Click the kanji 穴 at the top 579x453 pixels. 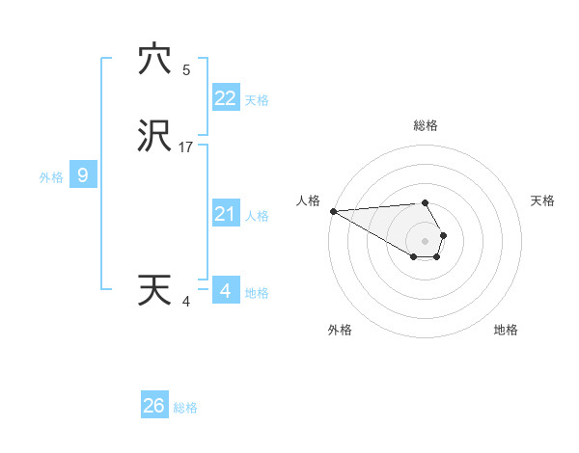coord(154,61)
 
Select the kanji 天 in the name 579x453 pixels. coord(154,290)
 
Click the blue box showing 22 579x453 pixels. coord(225,98)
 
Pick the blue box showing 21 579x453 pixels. coord(225,214)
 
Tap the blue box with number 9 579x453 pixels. coord(83,175)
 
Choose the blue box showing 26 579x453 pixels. coord(154,406)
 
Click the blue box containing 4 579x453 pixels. coord(225,290)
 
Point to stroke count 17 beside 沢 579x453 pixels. coord(186,147)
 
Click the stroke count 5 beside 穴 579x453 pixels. coord(186,70)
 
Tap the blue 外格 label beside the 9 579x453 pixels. coord(51,177)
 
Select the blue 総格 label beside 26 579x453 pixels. coord(185,408)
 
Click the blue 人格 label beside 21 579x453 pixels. coord(257,216)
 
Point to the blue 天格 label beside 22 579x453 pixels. coord(257,100)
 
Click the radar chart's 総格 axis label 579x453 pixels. coord(425,125)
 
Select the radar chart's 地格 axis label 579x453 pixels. coord(506,331)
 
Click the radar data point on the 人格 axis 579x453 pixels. coord(333,211)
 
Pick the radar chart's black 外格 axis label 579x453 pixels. coord(340,331)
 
